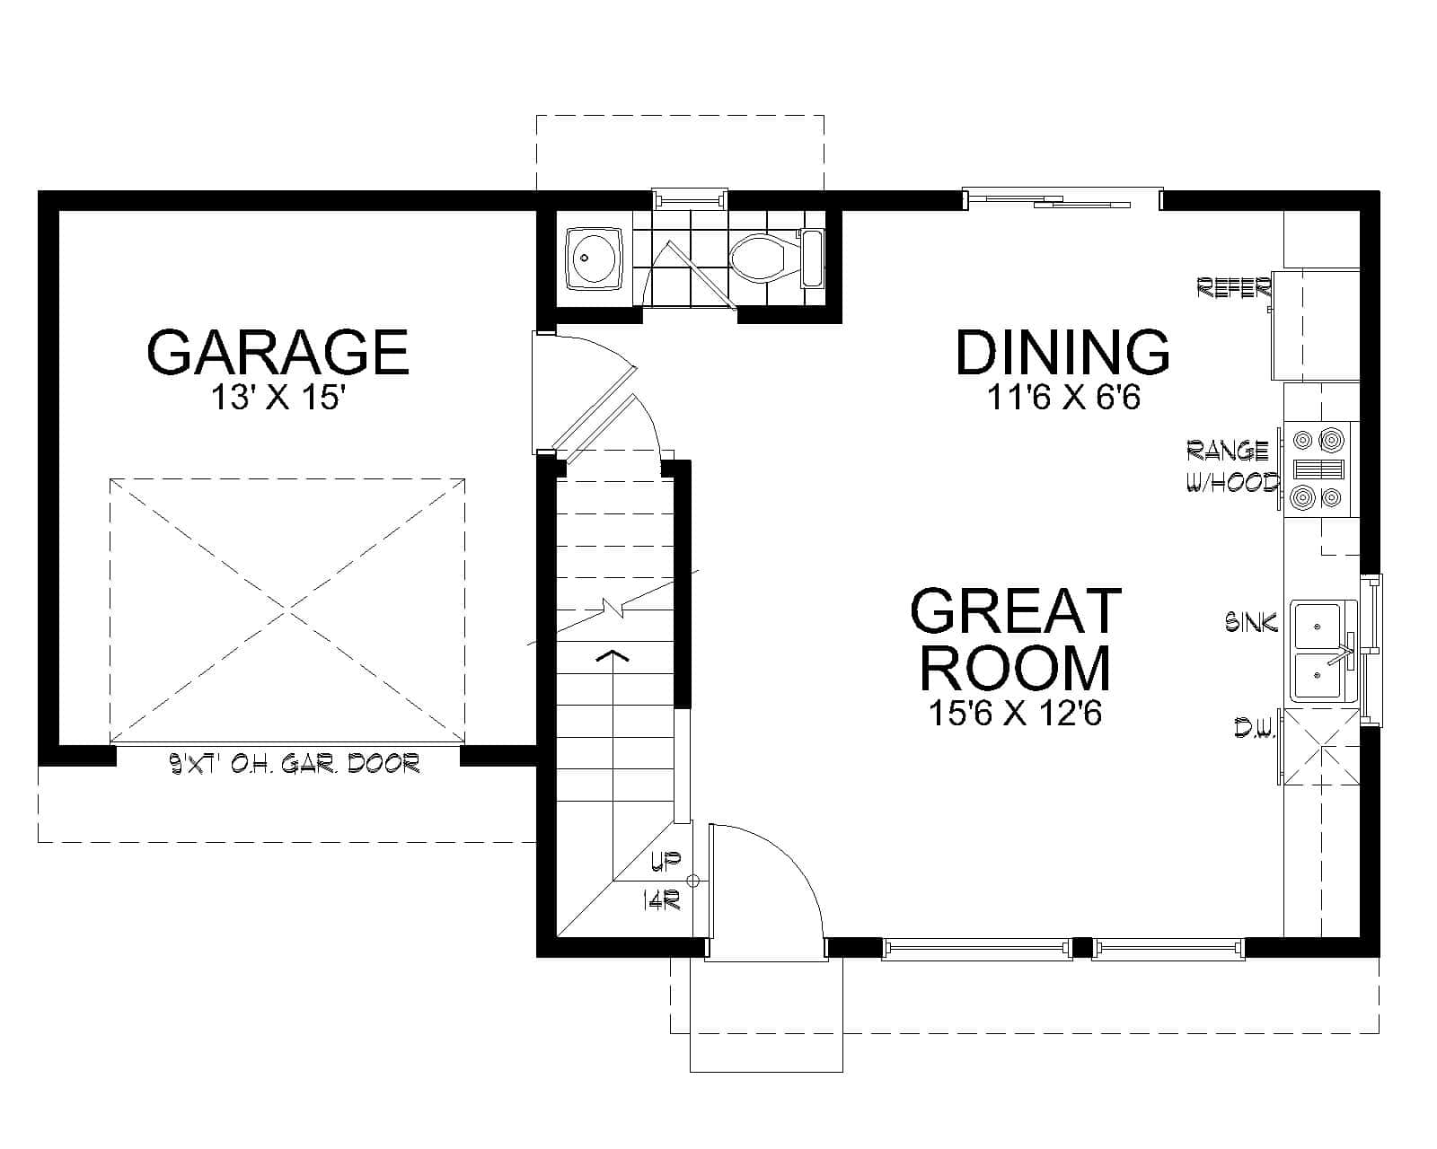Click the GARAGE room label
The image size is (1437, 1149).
coord(278,352)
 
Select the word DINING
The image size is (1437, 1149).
coord(1062,352)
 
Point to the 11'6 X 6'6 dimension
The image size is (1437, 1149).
coord(1064,397)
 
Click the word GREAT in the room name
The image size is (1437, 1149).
coord(1016,611)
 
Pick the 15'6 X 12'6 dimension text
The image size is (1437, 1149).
coord(1016,713)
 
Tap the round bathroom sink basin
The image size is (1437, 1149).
coord(594,258)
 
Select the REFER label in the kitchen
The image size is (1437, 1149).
coord(1234,287)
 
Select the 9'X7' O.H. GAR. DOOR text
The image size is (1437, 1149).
coord(295,764)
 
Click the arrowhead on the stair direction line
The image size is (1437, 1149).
coord(613,655)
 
